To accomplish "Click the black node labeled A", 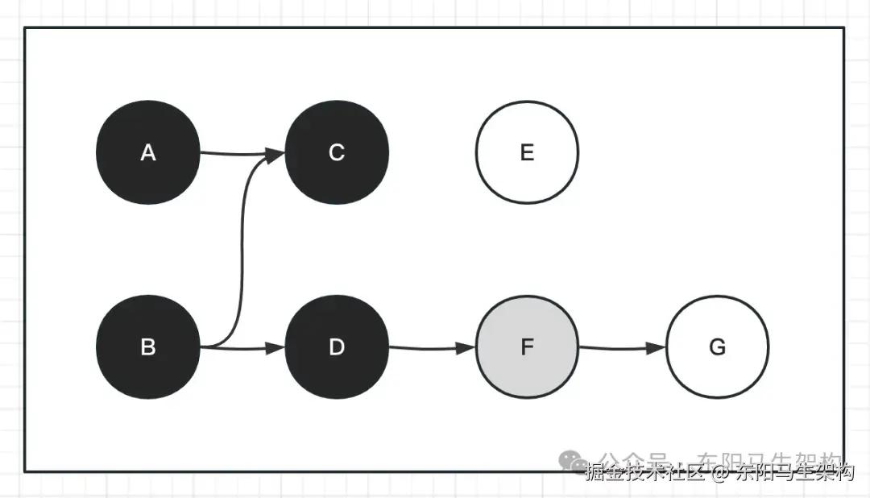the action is click(147, 152).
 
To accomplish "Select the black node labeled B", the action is click(147, 347).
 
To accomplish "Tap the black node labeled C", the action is click(337, 152).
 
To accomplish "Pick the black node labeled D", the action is click(337, 347).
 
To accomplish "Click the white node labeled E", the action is click(527, 152).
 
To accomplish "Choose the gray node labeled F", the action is click(527, 347).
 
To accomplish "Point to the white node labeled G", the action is click(717, 347).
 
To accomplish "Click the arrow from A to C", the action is click(238, 153).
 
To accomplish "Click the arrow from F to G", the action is click(620, 349).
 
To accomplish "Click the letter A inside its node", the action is click(147, 152).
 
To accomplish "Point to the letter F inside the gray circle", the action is click(527, 347).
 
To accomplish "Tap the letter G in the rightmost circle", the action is click(717, 347).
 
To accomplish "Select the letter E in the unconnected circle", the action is click(527, 152).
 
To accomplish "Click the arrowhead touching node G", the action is click(657, 349).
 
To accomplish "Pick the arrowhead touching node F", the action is click(467, 349).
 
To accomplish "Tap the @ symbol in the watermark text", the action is click(719, 472).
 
